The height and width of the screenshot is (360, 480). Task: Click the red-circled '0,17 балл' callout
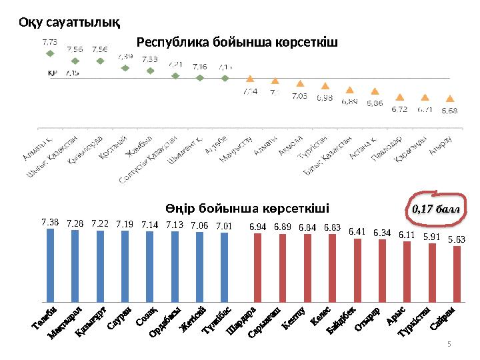[436, 209]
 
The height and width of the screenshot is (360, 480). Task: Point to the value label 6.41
[357, 231]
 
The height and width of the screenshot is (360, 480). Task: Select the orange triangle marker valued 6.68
[450, 99]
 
